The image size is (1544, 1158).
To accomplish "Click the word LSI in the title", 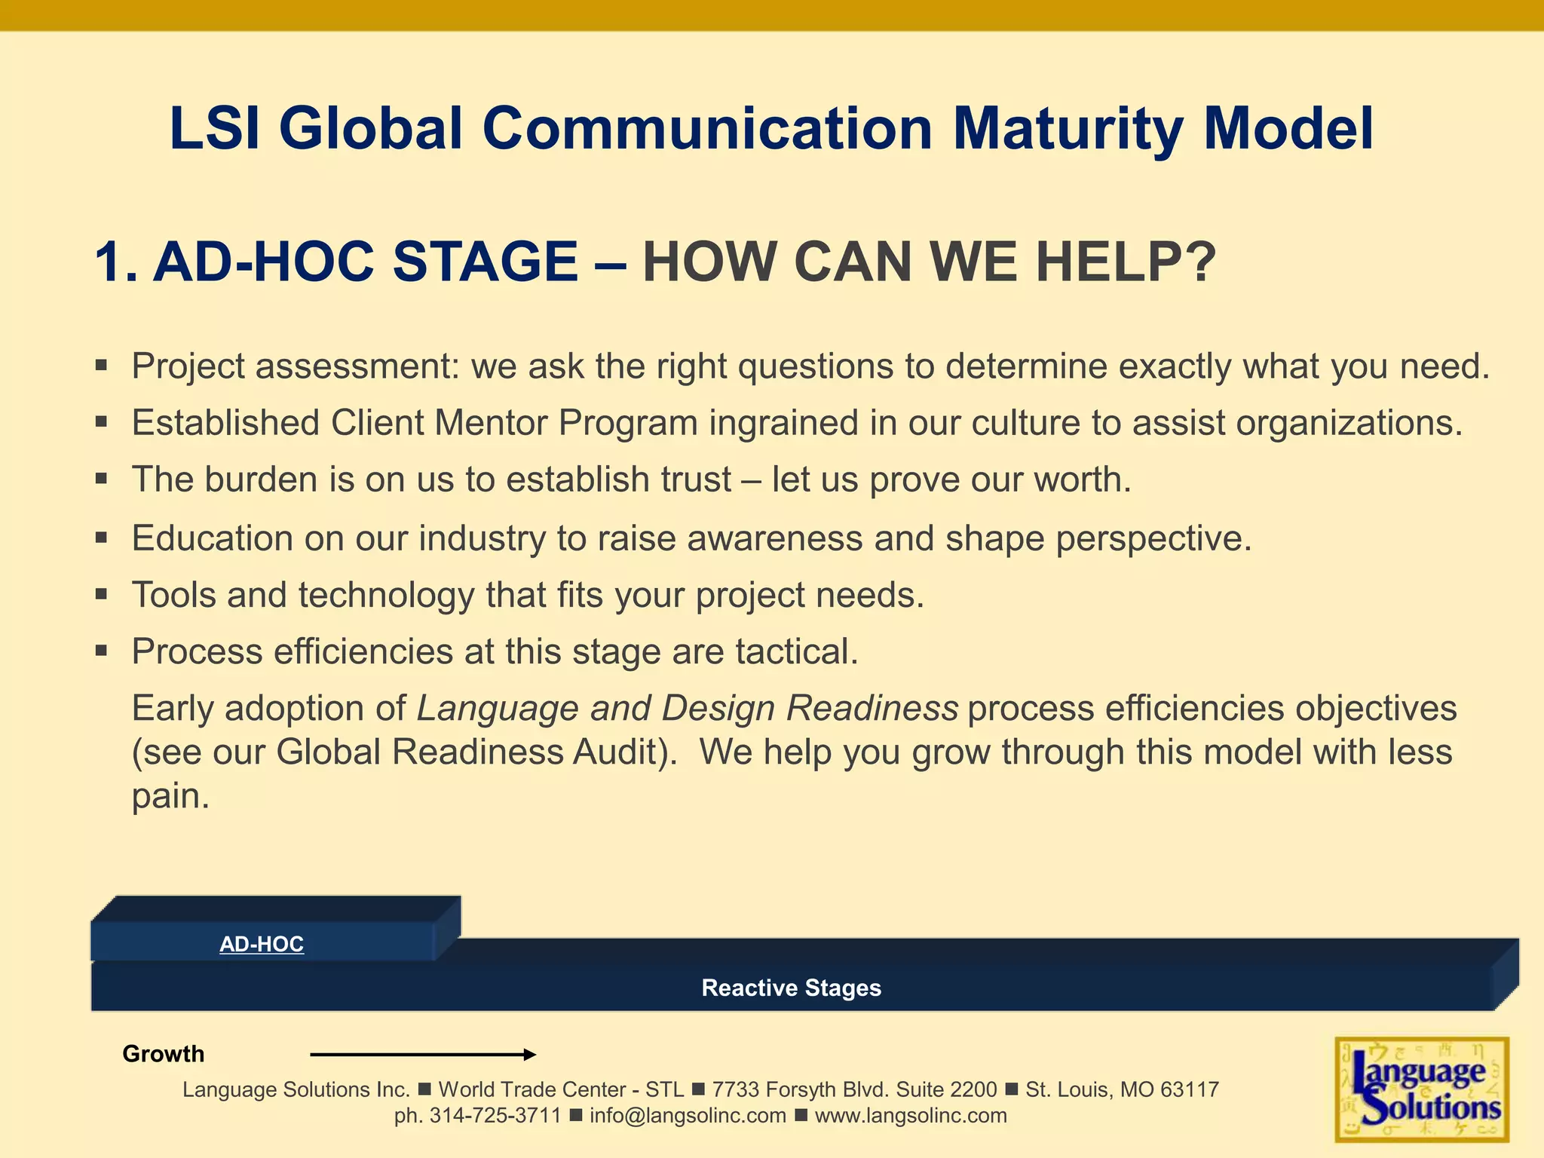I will point(214,129).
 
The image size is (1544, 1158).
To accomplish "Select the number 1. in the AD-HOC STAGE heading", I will point(116,262).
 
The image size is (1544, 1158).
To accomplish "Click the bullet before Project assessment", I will point(102,367).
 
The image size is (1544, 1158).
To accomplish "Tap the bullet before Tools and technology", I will point(102,595).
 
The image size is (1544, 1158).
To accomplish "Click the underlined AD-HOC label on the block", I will point(262,944).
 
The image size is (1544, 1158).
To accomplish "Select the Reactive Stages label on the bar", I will point(791,988).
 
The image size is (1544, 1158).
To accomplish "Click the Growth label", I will point(163,1054).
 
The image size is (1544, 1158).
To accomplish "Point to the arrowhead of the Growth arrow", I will point(531,1055).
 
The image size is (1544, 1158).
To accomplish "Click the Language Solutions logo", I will point(1421,1089).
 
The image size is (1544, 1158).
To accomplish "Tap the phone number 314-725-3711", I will point(495,1116).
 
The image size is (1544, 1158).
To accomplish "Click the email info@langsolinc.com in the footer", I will point(688,1116).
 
